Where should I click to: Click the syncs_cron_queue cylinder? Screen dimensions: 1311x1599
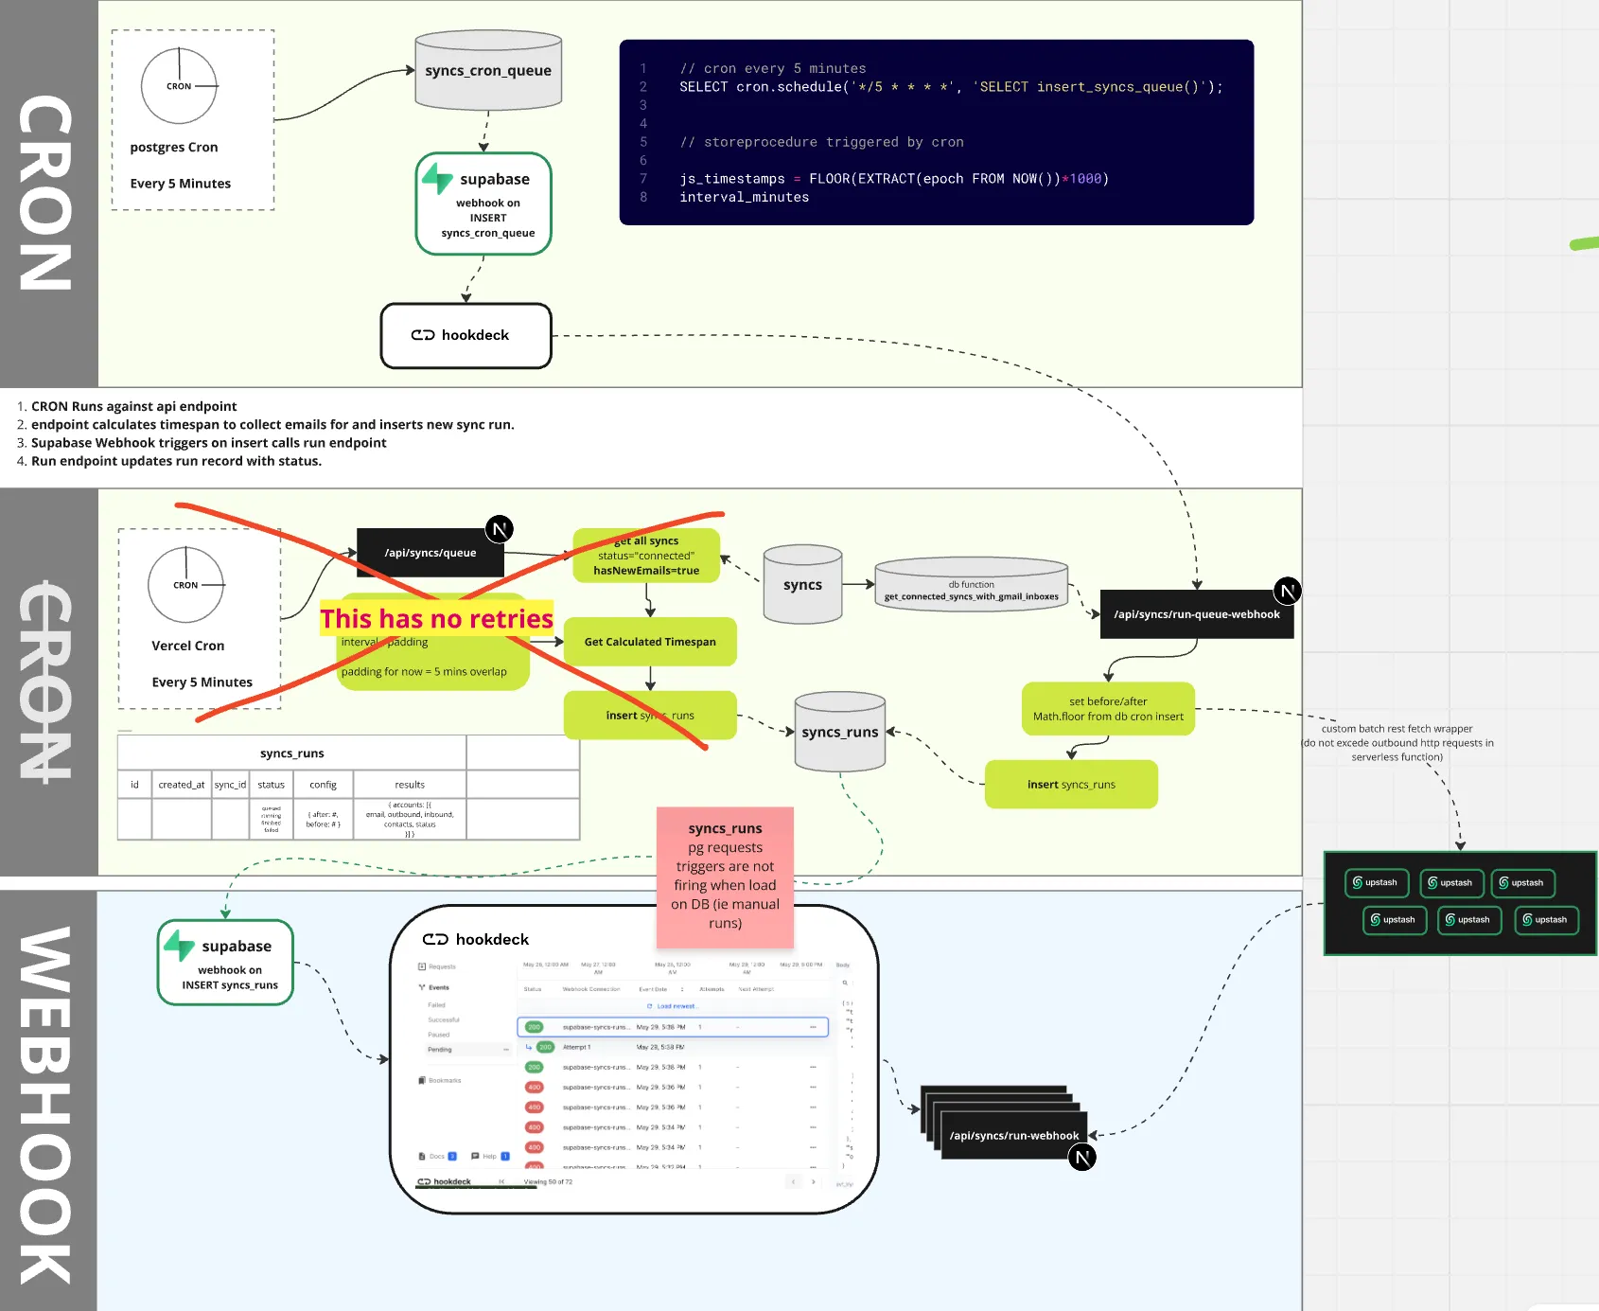point(488,71)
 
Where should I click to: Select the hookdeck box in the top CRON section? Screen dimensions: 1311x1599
point(466,335)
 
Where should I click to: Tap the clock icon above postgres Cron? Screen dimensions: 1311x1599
point(179,86)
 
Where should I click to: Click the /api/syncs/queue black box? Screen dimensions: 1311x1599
point(430,553)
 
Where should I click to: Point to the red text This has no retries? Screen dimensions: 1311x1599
point(436,619)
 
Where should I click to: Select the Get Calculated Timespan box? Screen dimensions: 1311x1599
point(649,642)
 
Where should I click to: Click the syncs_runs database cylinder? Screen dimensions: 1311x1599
point(840,732)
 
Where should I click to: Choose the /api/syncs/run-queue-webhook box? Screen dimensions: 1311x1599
point(1196,614)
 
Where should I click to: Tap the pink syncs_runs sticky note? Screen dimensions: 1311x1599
point(725,877)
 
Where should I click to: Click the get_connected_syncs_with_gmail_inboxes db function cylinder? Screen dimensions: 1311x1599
point(971,585)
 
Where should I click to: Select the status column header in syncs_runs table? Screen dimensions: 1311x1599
point(271,785)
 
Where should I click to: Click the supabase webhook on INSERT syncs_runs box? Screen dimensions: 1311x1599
point(225,962)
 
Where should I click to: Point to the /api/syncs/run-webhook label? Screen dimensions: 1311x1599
point(1013,1136)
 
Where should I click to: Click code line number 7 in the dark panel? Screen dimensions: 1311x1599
point(643,179)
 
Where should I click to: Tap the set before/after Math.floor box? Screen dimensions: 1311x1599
point(1108,709)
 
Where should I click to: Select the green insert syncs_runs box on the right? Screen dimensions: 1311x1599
point(1071,785)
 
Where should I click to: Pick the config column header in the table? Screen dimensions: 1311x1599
point(323,785)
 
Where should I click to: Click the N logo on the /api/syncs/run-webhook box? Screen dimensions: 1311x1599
point(1082,1157)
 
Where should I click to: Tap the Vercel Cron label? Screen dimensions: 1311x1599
point(188,646)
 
